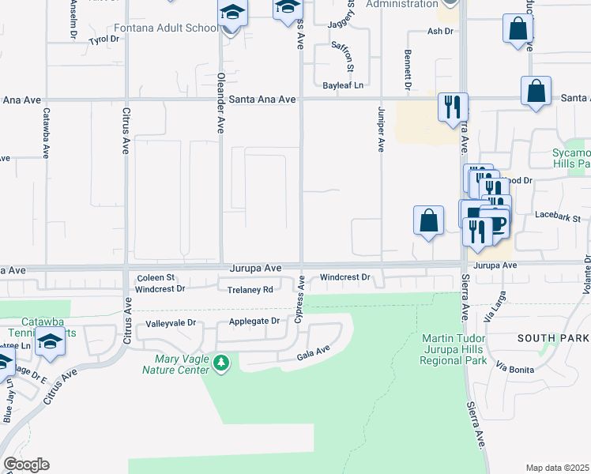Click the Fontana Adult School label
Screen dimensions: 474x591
(165, 28)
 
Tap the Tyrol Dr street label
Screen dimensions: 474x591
(103, 39)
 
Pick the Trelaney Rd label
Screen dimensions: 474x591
(250, 290)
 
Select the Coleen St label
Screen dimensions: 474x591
(156, 277)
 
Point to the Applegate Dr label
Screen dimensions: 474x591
(254, 321)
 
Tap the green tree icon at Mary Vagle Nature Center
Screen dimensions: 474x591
(223, 363)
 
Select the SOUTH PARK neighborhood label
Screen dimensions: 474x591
(553, 338)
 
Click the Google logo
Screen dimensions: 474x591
(26, 465)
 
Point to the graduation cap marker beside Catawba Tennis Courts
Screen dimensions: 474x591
(51, 344)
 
